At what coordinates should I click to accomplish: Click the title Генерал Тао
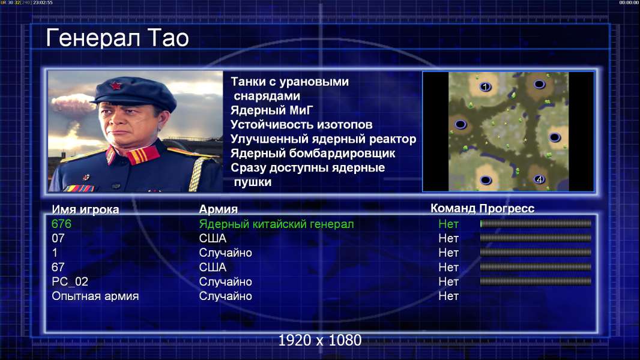(x=117, y=38)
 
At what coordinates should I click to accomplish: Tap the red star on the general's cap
(x=116, y=85)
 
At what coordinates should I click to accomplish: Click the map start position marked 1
(x=485, y=86)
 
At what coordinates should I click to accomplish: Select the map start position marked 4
(x=539, y=179)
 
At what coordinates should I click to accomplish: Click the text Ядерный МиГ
(x=272, y=110)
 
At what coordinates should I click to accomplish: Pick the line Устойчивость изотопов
(x=301, y=124)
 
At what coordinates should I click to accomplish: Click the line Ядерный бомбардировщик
(x=313, y=153)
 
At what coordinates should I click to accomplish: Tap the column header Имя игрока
(x=85, y=209)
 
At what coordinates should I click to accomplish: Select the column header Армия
(x=218, y=209)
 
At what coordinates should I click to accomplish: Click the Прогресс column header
(x=507, y=208)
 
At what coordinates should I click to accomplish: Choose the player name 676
(x=62, y=224)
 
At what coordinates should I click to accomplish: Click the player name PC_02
(x=70, y=282)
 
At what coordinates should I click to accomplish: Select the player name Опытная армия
(x=95, y=296)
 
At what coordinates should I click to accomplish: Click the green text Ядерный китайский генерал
(x=276, y=224)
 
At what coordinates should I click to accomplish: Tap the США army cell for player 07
(x=213, y=238)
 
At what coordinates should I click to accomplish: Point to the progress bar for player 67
(x=536, y=267)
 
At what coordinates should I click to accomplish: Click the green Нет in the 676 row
(x=448, y=224)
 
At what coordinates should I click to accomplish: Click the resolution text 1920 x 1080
(x=319, y=340)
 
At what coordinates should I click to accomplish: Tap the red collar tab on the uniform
(x=142, y=155)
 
